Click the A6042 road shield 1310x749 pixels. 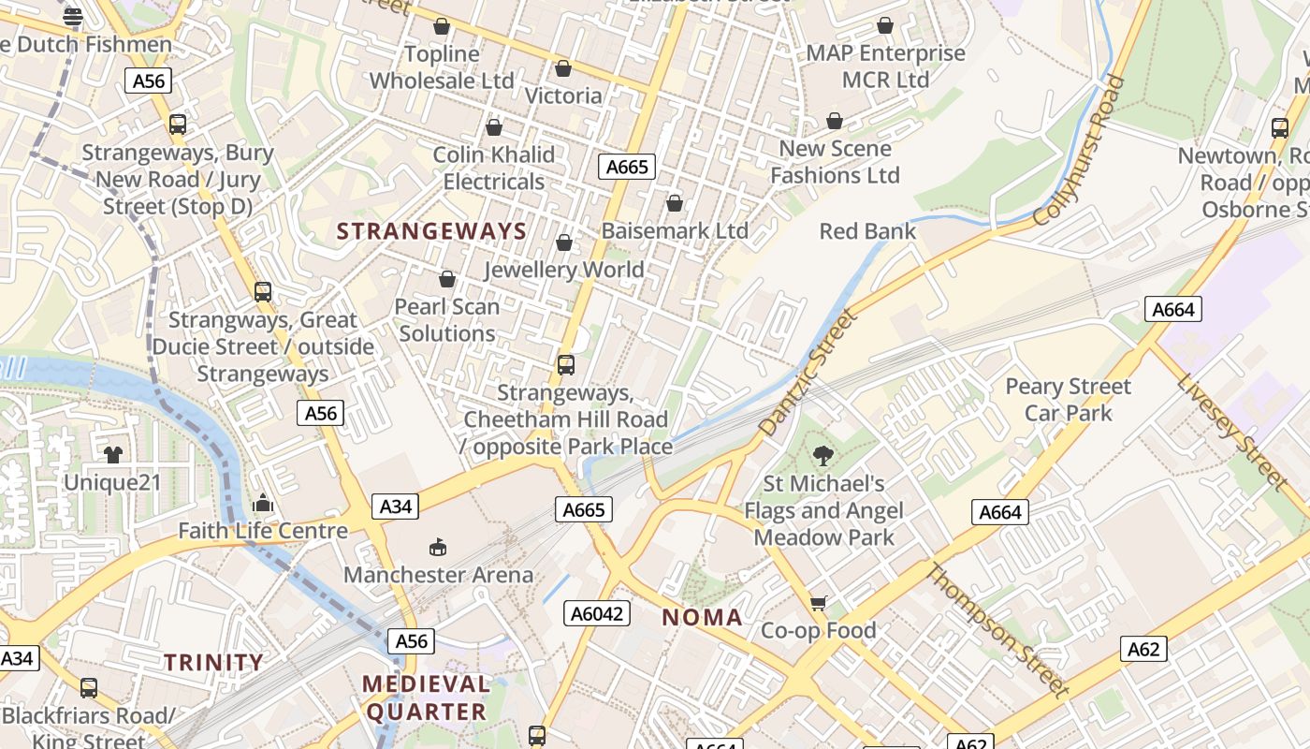click(597, 613)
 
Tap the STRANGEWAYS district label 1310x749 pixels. click(431, 231)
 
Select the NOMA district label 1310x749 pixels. click(703, 617)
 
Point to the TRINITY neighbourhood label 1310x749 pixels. click(214, 662)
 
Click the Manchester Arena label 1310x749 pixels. click(438, 574)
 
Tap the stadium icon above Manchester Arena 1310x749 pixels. click(437, 547)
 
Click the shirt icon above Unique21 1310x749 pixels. click(113, 455)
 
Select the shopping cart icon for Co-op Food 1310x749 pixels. click(819, 603)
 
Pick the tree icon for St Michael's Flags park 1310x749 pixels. click(823, 456)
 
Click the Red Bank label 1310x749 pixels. click(867, 230)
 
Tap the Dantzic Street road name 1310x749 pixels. click(808, 374)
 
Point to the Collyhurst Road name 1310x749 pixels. click(1079, 152)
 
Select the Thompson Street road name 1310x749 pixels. click(997, 630)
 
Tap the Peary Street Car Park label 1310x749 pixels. click(1068, 400)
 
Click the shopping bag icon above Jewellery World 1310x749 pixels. click(564, 243)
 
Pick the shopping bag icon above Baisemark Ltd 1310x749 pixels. click(675, 203)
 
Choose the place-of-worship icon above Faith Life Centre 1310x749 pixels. click(263, 504)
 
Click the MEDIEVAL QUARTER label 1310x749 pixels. click(427, 698)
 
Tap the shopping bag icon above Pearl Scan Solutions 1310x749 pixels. click(447, 279)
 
